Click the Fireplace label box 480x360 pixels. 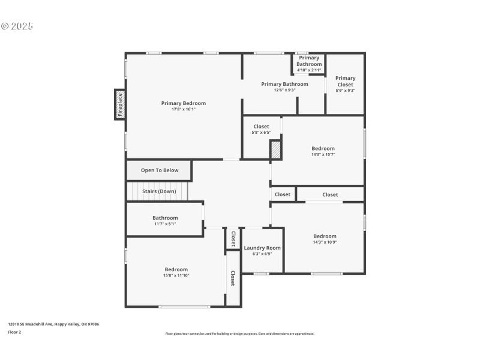point(120,104)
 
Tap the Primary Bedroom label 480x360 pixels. point(183,103)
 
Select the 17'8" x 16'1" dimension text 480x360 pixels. point(183,109)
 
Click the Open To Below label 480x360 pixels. point(160,170)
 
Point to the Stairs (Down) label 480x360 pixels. point(159,191)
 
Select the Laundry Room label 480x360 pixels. point(262,248)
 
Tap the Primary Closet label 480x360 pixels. point(345,81)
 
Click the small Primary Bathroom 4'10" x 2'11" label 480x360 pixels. point(309,64)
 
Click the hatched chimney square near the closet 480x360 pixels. point(275,149)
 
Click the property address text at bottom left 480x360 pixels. point(53,324)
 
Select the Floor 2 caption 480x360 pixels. point(14,332)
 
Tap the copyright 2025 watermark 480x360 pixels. point(17,26)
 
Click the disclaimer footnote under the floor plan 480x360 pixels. point(239,334)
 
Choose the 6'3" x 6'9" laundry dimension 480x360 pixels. point(262,254)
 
